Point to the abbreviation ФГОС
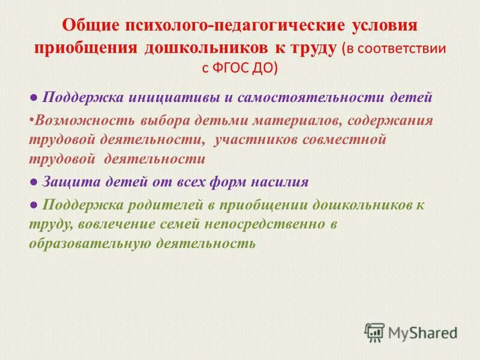click(x=233, y=68)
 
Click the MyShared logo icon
click(x=374, y=332)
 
